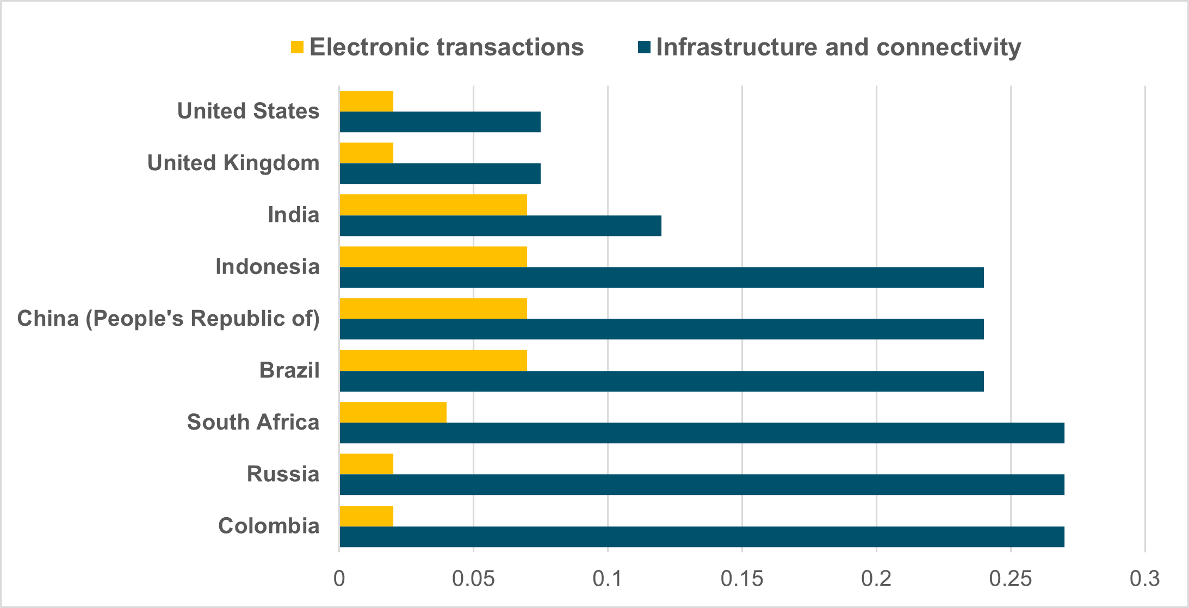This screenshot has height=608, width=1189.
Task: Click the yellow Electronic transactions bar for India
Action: point(433,205)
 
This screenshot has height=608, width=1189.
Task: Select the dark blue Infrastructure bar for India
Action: point(500,226)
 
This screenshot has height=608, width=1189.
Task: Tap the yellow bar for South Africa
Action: point(393,412)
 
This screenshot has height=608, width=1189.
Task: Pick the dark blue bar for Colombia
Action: point(702,537)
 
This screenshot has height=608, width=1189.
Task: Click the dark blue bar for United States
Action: point(440,122)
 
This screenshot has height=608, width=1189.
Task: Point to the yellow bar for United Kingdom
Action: point(366,153)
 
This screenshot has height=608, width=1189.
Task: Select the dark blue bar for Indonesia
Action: point(661,277)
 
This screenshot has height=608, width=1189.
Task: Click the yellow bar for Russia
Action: point(366,464)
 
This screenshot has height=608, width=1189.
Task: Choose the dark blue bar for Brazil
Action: point(661,381)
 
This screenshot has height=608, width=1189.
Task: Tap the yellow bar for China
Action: point(433,308)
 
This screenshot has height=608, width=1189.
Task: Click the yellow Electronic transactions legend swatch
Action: point(297,47)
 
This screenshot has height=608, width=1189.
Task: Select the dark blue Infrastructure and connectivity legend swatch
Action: point(644,47)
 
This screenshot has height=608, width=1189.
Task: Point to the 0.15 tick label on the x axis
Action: point(742,579)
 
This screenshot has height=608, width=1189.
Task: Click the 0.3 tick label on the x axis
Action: point(1144,579)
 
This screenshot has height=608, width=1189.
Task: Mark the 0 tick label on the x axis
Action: point(339,579)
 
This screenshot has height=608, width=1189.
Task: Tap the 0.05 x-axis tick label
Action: point(473,579)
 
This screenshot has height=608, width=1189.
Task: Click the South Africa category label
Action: point(253,422)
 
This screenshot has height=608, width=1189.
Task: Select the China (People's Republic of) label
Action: point(169,319)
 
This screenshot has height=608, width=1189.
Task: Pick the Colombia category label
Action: point(269,526)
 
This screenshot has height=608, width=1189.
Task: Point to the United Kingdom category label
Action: point(233,163)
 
